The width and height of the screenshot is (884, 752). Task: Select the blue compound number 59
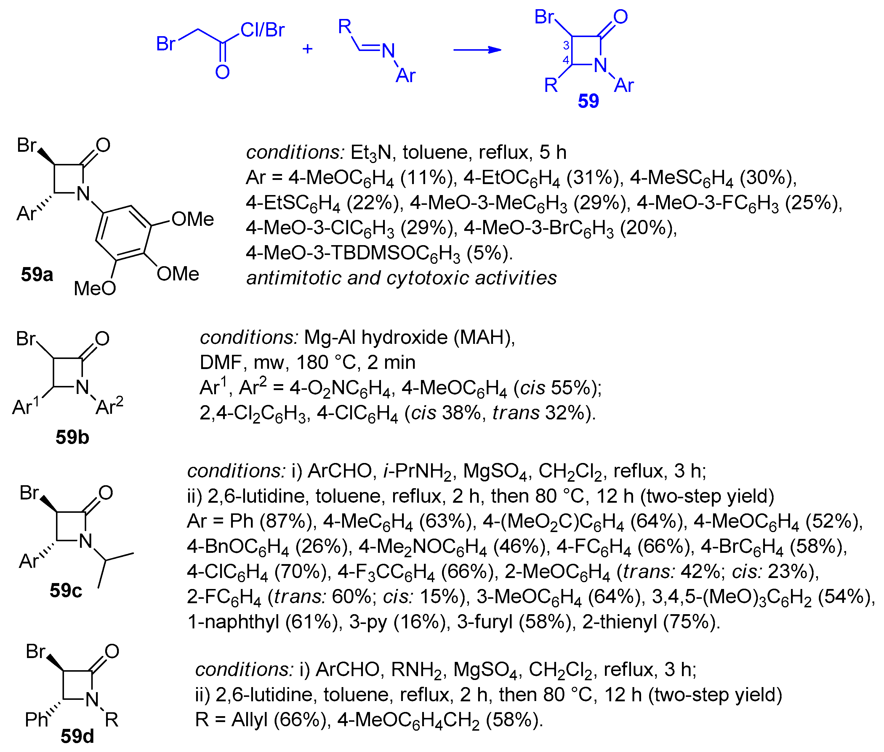[588, 101]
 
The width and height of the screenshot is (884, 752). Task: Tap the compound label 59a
[37, 274]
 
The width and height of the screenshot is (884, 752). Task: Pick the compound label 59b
[72, 438]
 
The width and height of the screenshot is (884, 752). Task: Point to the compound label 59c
[65, 590]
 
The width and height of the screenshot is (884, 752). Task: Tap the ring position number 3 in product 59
[566, 45]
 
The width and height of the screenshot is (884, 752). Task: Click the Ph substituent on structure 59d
[36, 720]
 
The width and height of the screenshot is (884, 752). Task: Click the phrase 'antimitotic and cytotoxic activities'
[401, 278]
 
